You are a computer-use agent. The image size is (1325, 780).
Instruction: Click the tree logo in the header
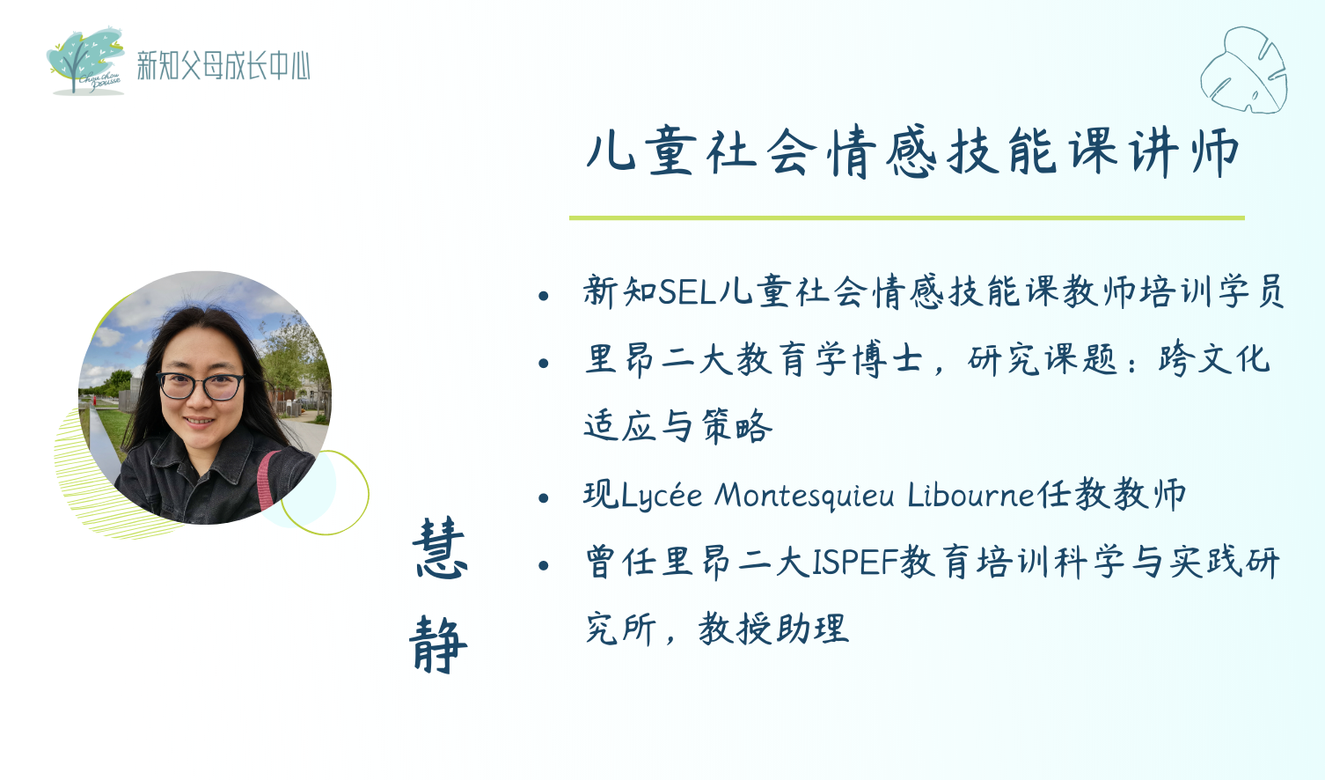(85, 61)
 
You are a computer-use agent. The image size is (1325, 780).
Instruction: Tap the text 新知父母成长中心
(223, 65)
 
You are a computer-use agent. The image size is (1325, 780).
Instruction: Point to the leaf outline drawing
(1244, 70)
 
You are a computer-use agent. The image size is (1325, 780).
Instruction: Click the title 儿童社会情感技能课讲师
(911, 151)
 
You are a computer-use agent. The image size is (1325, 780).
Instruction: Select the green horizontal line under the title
(907, 217)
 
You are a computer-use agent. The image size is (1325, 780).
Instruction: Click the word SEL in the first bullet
(687, 291)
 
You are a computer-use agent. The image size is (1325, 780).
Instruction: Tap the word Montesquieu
(804, 496)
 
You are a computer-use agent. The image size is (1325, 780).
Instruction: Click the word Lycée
(662, 496)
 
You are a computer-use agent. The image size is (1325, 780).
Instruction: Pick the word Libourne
(971, 496)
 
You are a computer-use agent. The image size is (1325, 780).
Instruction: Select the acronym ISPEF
(855, 562)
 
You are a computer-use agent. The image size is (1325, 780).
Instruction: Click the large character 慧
(440, 548)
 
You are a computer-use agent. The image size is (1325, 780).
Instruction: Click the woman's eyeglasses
(200, 386)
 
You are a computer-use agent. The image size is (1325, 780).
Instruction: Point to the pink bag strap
(267, 480)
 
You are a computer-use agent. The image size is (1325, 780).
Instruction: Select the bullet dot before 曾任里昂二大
(544, 566)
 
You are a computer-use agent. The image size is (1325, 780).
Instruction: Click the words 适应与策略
(677, 426)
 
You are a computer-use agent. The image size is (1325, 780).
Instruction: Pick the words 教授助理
(773, 629)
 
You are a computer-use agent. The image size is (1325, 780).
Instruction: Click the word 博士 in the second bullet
(887, 359)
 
